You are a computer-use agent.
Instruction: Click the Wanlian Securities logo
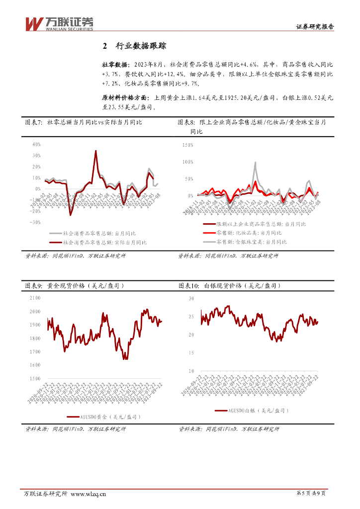59,24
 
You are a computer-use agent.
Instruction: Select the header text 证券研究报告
315,27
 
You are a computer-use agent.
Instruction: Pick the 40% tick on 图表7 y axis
36,144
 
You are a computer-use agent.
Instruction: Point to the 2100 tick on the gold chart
35,298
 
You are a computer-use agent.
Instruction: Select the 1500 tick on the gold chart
35,379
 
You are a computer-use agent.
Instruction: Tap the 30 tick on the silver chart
191,298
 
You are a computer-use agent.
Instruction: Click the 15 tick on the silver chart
191,353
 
